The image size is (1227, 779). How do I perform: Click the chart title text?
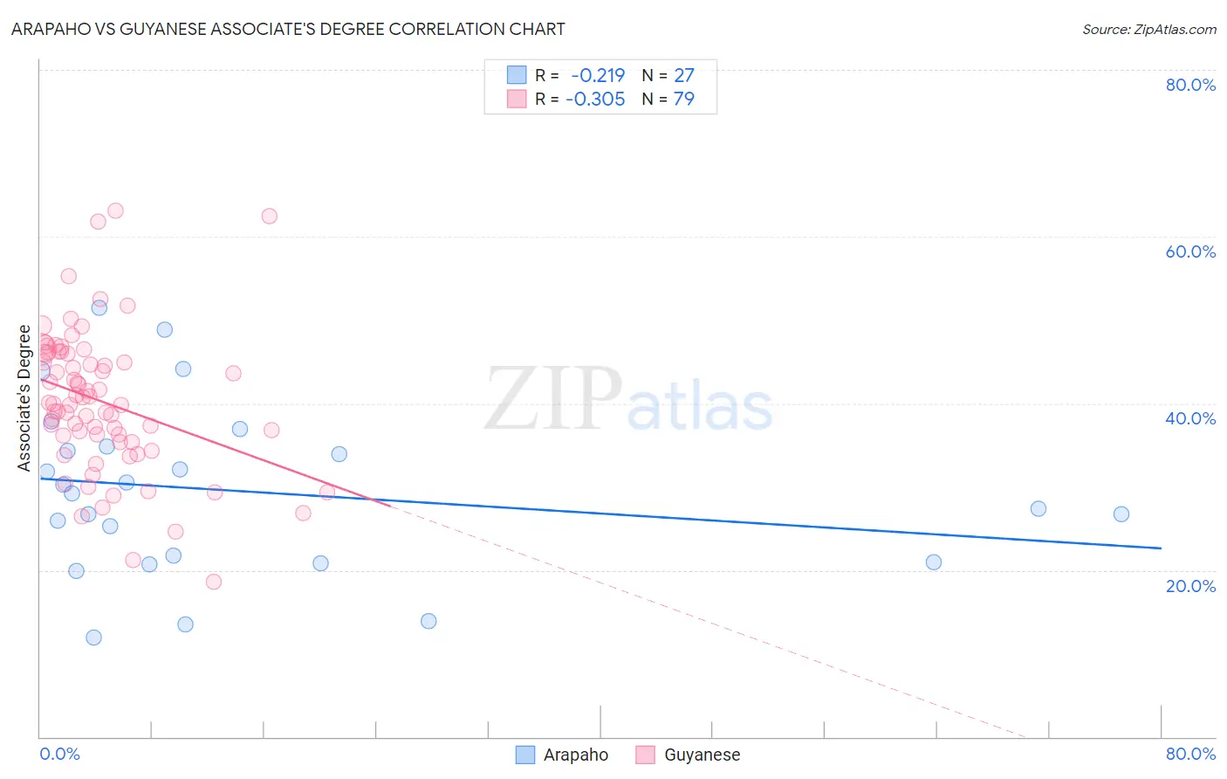[288, 29]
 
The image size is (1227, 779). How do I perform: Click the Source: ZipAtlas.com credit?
[1148, 29]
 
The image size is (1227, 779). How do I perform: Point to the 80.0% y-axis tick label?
[1190, 85]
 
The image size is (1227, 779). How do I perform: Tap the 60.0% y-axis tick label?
[1190, 252]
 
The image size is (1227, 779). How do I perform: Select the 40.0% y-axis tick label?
[1190, 418]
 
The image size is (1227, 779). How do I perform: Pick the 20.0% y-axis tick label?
[1190, 585]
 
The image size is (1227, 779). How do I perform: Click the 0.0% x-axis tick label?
[59, 754]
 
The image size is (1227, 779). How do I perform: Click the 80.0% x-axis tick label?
[1190, 754]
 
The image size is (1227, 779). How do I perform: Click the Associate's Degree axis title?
[24, 398]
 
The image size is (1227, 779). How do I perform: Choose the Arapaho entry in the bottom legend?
[575, 755]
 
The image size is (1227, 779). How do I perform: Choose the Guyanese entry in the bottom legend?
[702, 755]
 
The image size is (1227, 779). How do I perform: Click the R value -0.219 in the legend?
[598, 76]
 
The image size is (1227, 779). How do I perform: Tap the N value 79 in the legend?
[684, 100]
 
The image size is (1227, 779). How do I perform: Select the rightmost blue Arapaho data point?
[1121, 514]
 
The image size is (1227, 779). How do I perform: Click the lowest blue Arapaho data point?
[93, 638]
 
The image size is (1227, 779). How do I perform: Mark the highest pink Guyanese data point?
[115, 210]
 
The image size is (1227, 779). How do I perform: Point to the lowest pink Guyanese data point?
[214, 582]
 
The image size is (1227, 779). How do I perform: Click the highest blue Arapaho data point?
[99, 307]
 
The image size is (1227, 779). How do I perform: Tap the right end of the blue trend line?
[1161, 548]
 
